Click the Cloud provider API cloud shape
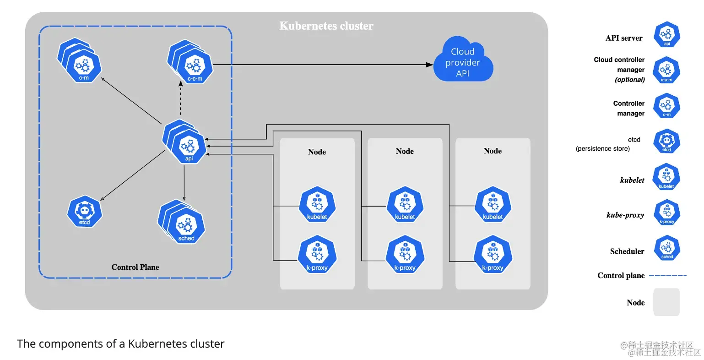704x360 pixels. click(x=463, y=62)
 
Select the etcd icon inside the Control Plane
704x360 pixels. click(x=84, y=211)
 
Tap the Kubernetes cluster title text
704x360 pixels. click(x=326, y=26)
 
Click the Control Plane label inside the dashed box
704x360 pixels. click(x=135, y=267)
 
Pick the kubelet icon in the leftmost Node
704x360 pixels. click(x=317, y=204)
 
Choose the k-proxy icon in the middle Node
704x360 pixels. click(x=405, y=255)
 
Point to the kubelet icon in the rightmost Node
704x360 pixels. click(x=493, y=204)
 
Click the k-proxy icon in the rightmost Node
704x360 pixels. click(x=493, y=255)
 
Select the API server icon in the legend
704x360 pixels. click(x=667, y=35)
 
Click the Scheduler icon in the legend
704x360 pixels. click(x=667, y=248)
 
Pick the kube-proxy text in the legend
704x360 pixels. click(x=625, y=215)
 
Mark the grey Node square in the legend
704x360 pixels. click(x=666, y=302)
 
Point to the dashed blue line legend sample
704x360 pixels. click(x=668, y=275)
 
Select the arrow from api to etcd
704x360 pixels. click(x=133, y=175)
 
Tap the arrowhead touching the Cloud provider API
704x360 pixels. click(x=429, y=65)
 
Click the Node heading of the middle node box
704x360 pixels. click(x=405, y=151)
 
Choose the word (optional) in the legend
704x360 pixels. click(x=630, y=80)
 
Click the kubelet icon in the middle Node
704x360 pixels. click(x=405, y=204)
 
